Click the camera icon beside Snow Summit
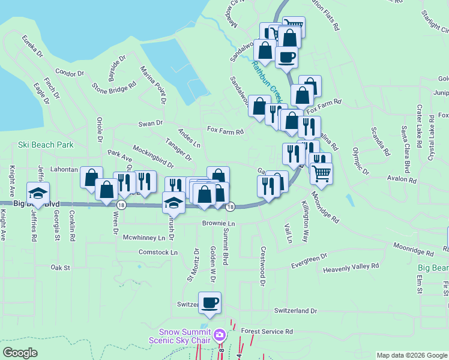pyautogui.click(x=220, y=334)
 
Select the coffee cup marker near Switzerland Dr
pyautogui.click(x=209, y=303)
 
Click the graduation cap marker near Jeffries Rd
pyautogui.click(x=38, y=193)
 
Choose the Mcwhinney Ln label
pyautogui.click(x=143, y=238)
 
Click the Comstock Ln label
pyautogui.click(x=158, y=253)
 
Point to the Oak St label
pyautogui.click(x=61, y=268)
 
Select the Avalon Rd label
pyautogui.click(x=402, y=179)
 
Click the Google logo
pyautogui.click(x=20, y=353)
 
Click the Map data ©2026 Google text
pyautogui.click(x=412, y=355)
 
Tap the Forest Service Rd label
pyautogui.click(x=267, y=331)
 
